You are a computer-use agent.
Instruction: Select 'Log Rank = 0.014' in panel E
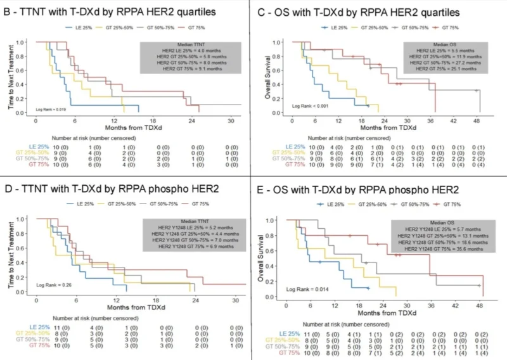click(305, 288)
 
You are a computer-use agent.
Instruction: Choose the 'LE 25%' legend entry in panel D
click(81, 204)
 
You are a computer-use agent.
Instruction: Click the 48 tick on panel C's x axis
click(476, 120)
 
